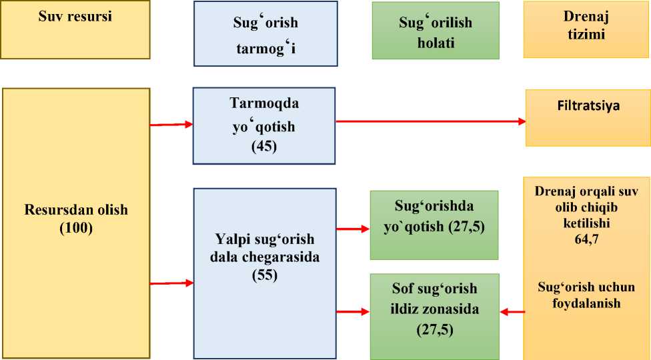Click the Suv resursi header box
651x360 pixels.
75,30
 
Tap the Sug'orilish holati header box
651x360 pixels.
435,30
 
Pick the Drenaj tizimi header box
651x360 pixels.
586,29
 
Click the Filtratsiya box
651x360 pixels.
588,118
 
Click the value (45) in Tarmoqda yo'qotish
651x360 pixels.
264,147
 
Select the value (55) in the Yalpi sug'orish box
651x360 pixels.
264,274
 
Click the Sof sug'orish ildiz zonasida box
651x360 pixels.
435,316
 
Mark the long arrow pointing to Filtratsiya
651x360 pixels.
430,121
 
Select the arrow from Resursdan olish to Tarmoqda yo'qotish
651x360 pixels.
171,124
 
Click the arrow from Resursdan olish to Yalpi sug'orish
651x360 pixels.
171,283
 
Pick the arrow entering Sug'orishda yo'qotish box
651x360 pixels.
353,229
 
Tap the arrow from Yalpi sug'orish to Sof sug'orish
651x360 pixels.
353,311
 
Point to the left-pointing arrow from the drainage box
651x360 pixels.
512,311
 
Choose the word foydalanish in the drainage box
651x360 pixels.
586,303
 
